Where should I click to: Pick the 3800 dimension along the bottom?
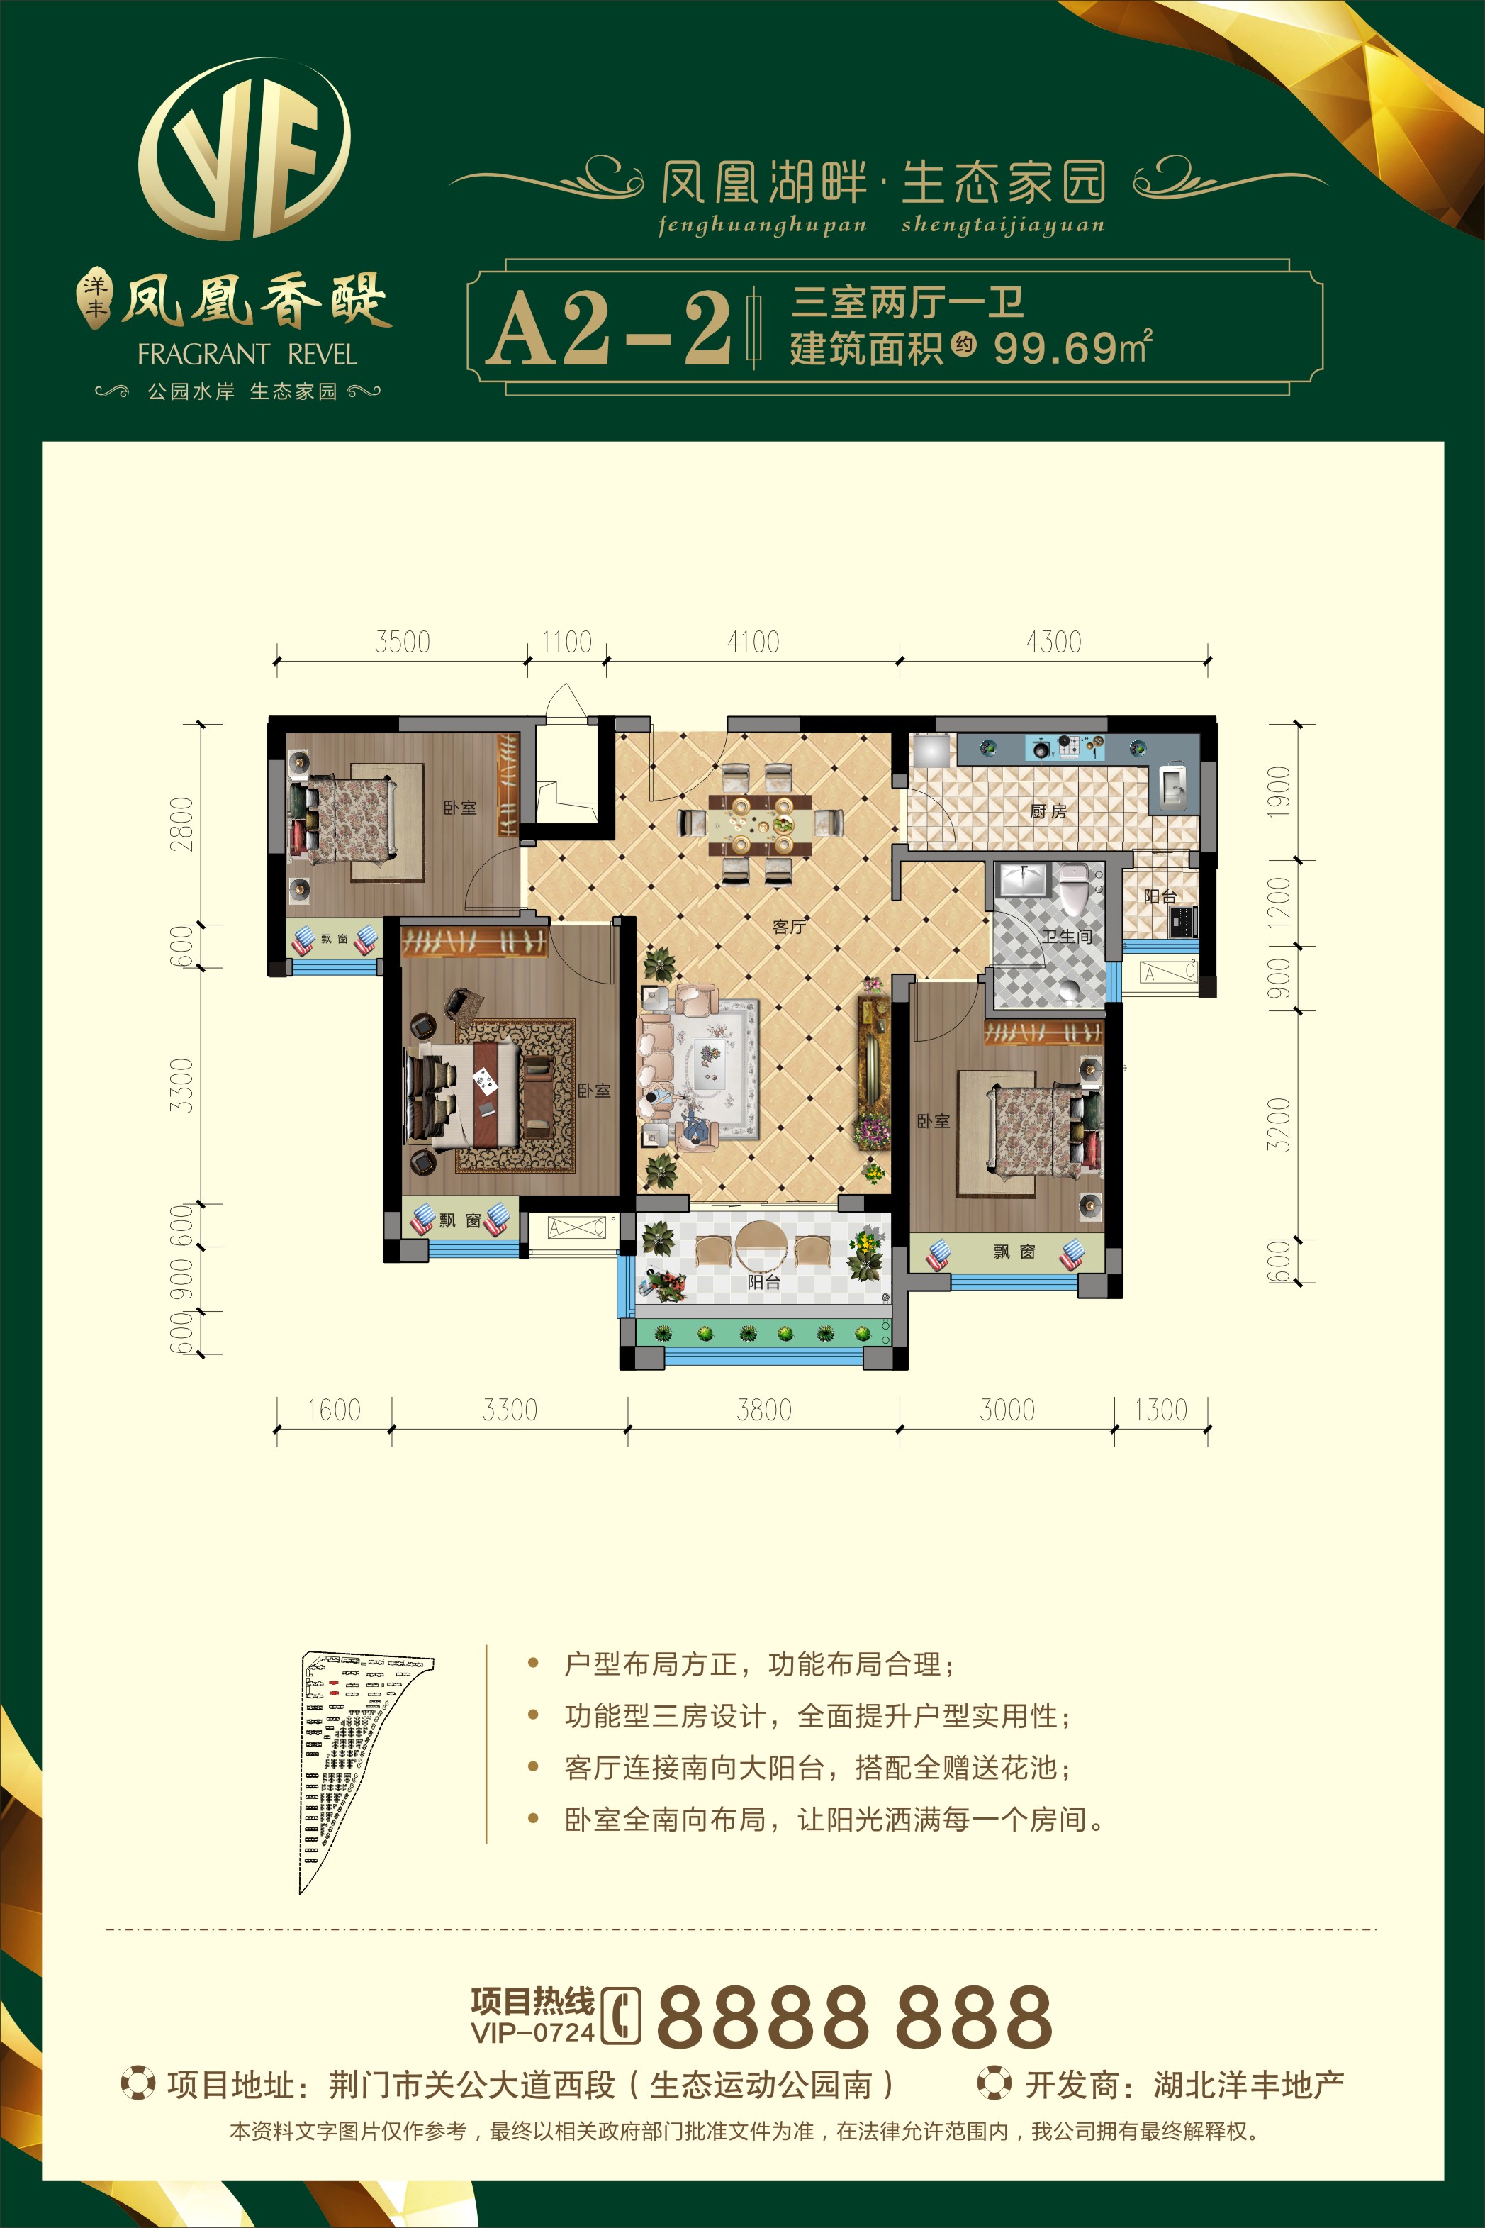(x=764, y=1410)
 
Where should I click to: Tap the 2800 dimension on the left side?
(x=181, y=824)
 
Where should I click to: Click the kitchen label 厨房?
(x=1048, y=812)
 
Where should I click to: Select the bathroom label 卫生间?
(x=1067, y=936)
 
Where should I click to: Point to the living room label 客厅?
(x=789, y=926)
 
